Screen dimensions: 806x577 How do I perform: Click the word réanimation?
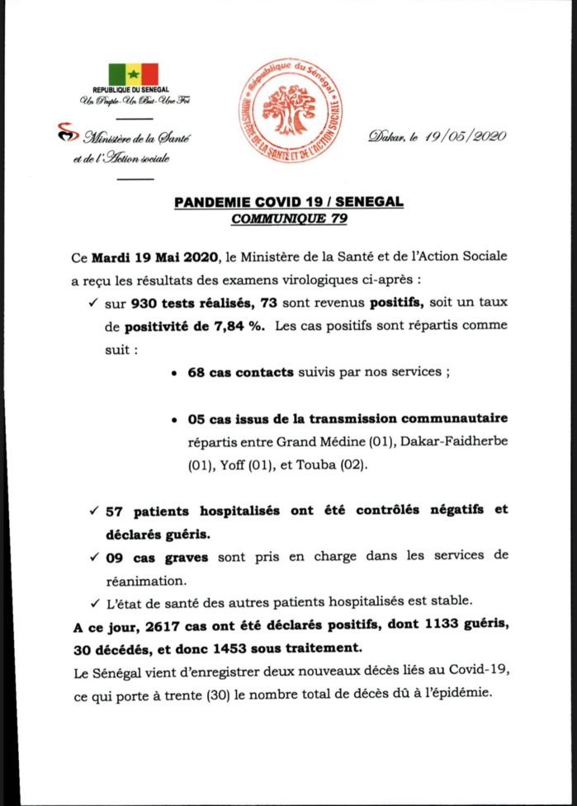click(141, 579)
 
